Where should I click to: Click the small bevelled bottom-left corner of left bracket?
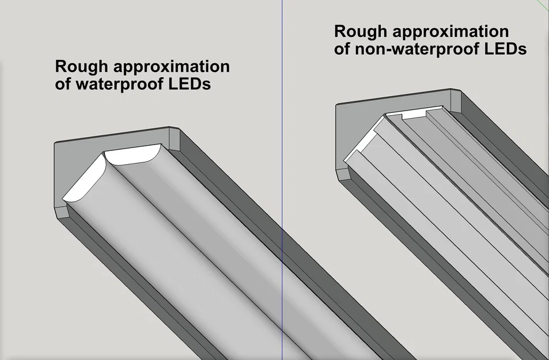[x=63, y=213]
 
